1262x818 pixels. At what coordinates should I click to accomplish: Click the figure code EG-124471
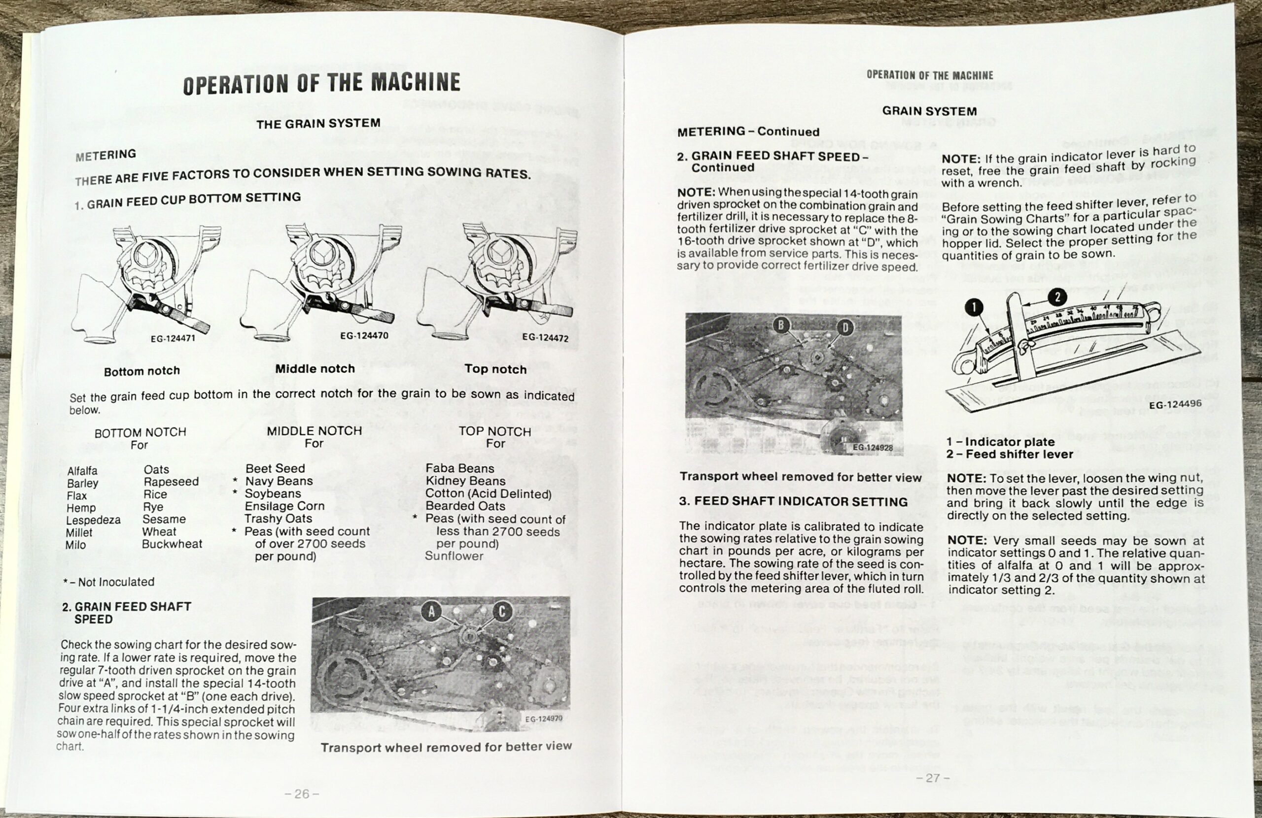coord(173,338)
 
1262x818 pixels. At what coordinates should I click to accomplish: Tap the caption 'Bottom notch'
coord(141,371)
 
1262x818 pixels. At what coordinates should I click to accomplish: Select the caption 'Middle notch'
coord(315,369)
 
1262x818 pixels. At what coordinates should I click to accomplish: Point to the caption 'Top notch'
coord(495,370)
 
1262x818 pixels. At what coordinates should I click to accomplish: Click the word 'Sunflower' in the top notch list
coord(454,556)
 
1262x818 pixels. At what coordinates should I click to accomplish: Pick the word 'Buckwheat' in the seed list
coord(172,544)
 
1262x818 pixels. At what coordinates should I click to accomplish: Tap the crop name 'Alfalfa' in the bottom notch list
coord(82,471)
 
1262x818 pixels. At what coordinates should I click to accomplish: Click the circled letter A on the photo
coord(432,612)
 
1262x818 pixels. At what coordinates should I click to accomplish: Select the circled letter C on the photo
coord(502,612)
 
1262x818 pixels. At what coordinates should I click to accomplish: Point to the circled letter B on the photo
coord(780,326)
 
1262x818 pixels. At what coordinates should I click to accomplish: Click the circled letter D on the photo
coord(845,327)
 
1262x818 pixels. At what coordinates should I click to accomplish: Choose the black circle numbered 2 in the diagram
coord(1057,297)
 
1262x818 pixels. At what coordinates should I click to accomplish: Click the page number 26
coord(301,794)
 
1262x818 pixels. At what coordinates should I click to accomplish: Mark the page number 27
coord(933,778)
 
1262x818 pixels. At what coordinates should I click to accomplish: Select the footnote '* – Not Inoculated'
coord(109,582)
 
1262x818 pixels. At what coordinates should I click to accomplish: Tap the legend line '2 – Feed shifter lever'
coord(1010,454)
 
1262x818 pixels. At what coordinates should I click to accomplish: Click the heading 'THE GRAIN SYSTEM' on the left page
coord(318,124)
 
